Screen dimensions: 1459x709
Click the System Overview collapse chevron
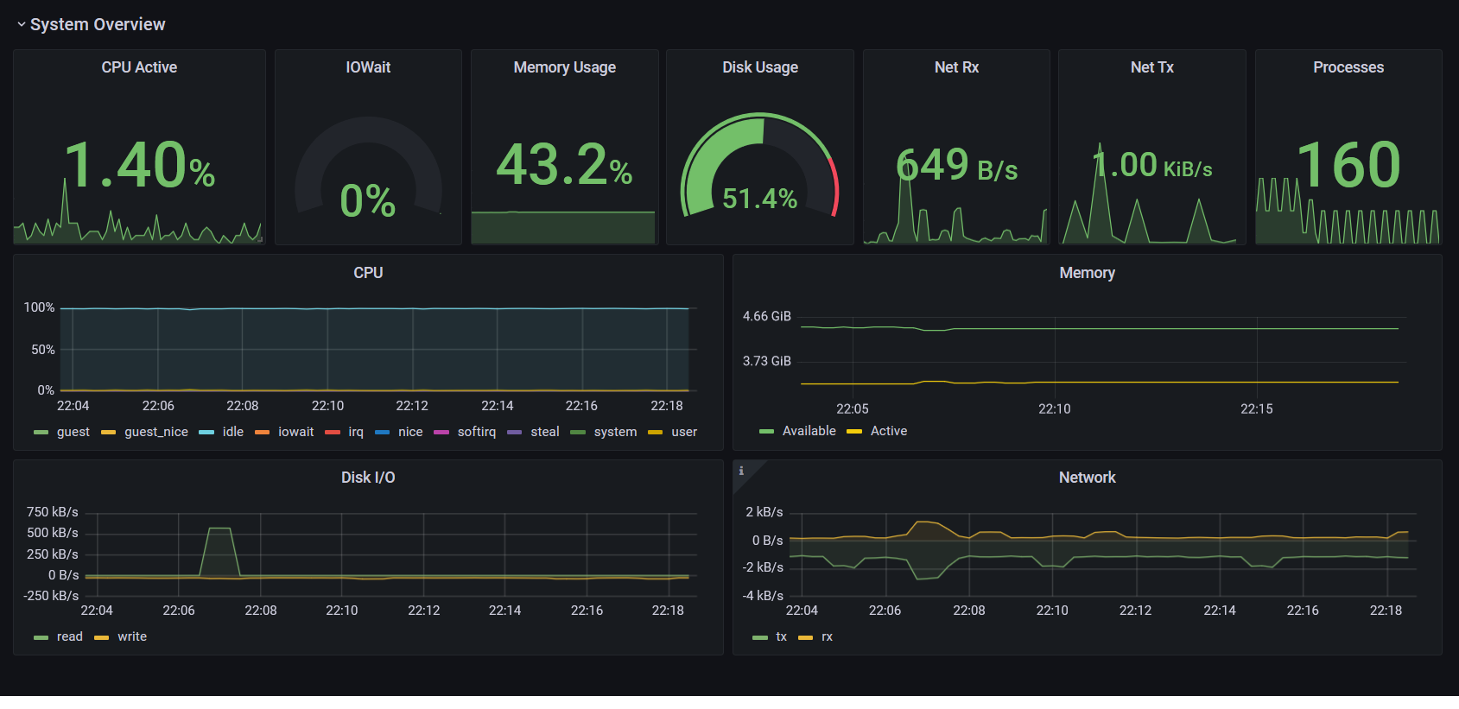pos(21,25)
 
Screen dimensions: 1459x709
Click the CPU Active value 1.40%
pos(139,165)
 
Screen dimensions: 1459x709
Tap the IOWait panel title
pos(368,67)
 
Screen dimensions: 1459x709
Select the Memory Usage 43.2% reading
pos(564,165)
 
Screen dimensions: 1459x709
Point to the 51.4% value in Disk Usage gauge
pos(759,199)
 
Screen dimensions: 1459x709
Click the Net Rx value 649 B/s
pos(956,165)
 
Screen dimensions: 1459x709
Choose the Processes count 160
pos(1348,165)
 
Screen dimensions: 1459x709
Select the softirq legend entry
pos(465,432)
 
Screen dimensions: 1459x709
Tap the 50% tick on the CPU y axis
pos(43,350)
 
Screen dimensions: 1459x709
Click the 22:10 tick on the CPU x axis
pos(327,406)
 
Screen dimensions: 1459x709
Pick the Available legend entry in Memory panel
pos(797,431)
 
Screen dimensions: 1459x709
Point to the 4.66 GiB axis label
pos(766,316)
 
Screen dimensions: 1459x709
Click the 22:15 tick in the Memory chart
pos(1257,408)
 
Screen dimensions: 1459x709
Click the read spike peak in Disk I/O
pos(219,528)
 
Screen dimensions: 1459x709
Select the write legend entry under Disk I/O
pos(120,636)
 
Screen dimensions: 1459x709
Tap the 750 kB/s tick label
pos(52,512)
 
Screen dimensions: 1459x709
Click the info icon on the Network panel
pos(741,471)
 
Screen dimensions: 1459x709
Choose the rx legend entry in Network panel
pos(815,636)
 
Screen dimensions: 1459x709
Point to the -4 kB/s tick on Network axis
pos(762,595)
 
